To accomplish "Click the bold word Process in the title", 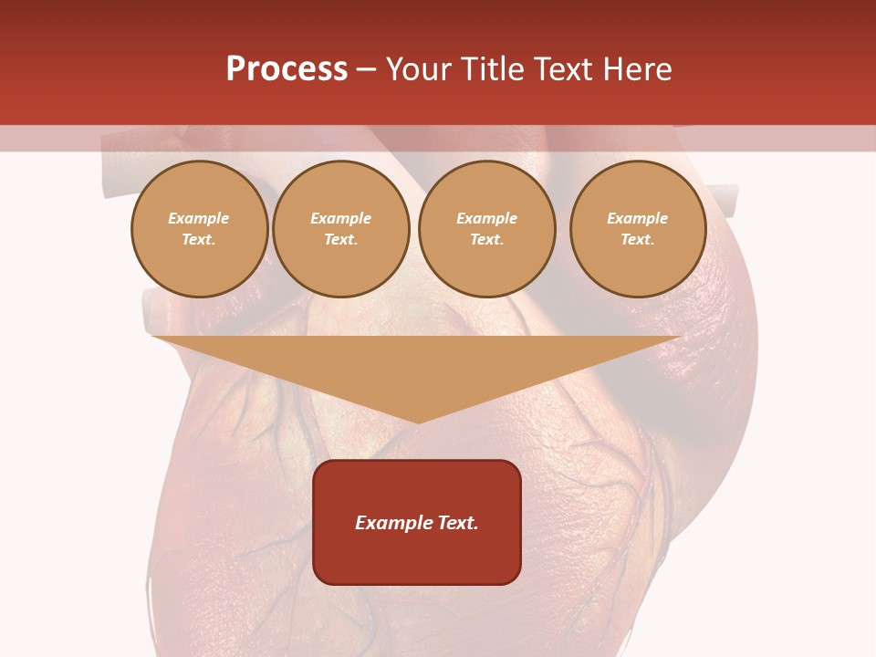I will point(287,69).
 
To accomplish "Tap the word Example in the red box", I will point(391,523).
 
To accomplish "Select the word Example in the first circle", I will point(199,218).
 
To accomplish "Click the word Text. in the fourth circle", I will point(638,239).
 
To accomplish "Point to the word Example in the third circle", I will point(486,218).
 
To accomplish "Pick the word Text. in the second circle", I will point(340,239).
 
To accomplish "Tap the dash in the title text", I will point(367,70).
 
